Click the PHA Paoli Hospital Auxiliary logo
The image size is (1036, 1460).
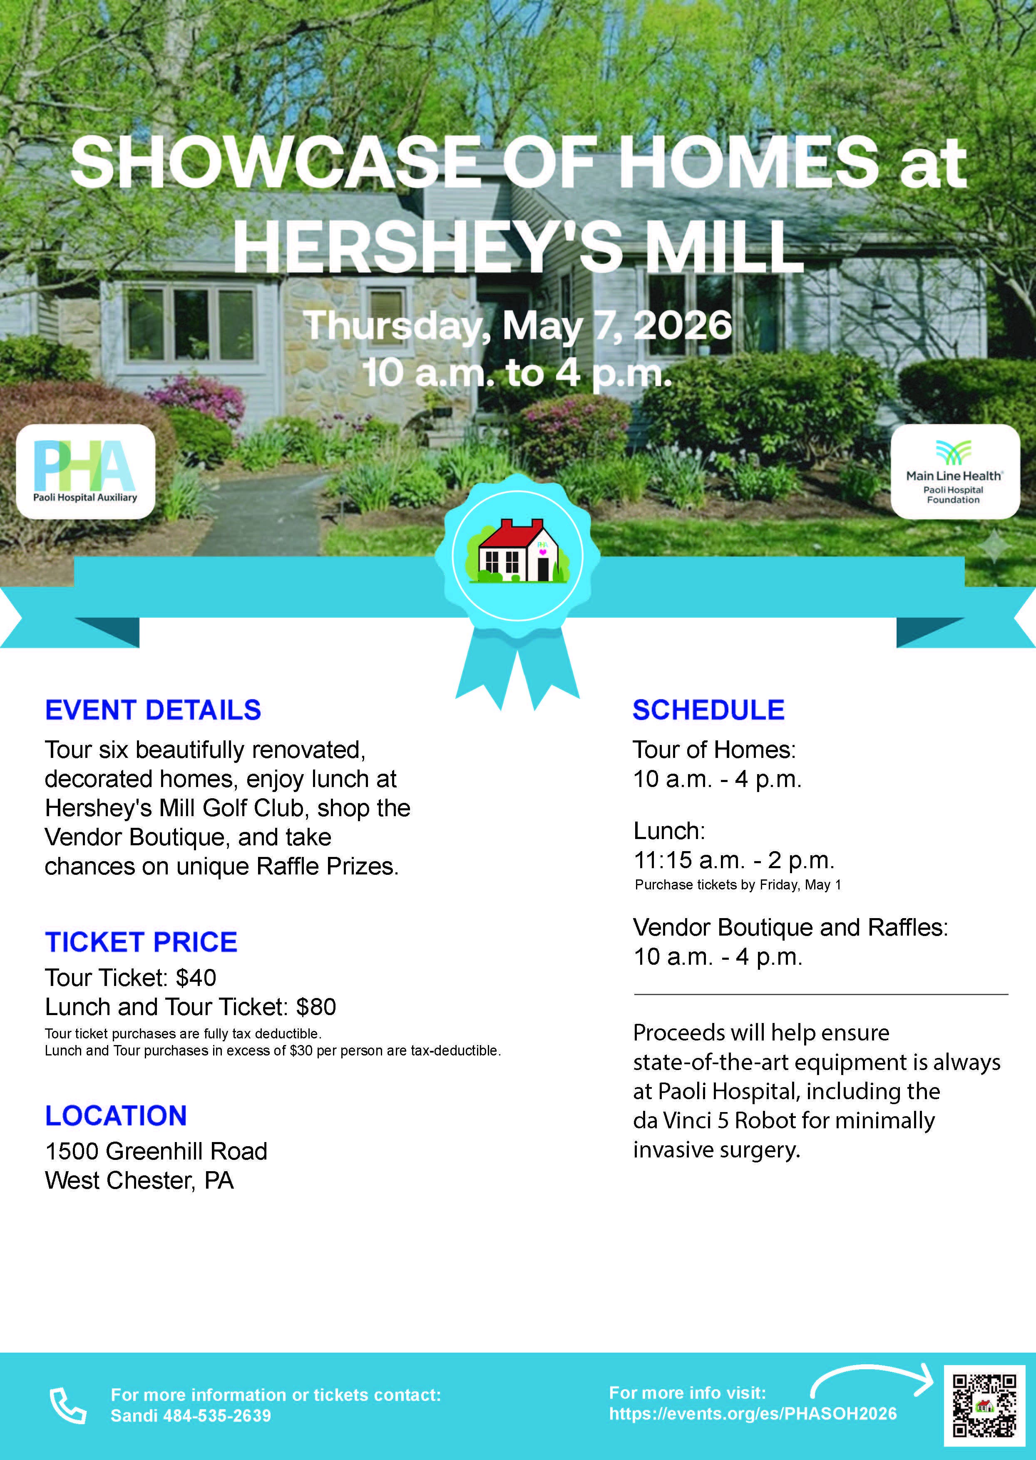85,472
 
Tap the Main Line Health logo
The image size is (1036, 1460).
955,472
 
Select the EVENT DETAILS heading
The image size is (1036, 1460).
153,710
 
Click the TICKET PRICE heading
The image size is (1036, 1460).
141,942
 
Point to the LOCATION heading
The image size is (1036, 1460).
116,1115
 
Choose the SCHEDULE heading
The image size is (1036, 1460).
708,710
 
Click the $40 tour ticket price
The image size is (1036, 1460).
196,978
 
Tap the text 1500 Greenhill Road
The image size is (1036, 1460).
156,1151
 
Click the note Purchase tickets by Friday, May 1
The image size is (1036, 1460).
738,885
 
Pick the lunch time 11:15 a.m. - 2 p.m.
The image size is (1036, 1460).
734,860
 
